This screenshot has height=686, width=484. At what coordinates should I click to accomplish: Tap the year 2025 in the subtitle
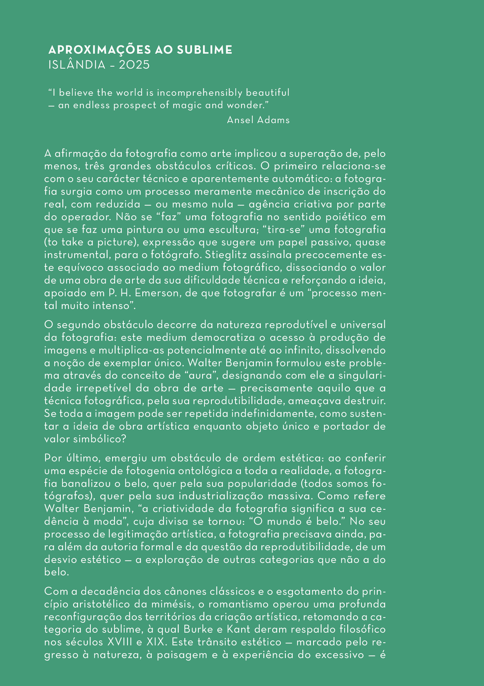tap(134, 65)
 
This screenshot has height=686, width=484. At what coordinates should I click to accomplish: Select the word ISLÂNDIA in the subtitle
tap(77, 65)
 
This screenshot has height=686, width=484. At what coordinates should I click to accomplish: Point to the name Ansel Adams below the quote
tap(258, 120)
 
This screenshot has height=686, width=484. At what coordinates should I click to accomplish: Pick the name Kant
tap(239, 629)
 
